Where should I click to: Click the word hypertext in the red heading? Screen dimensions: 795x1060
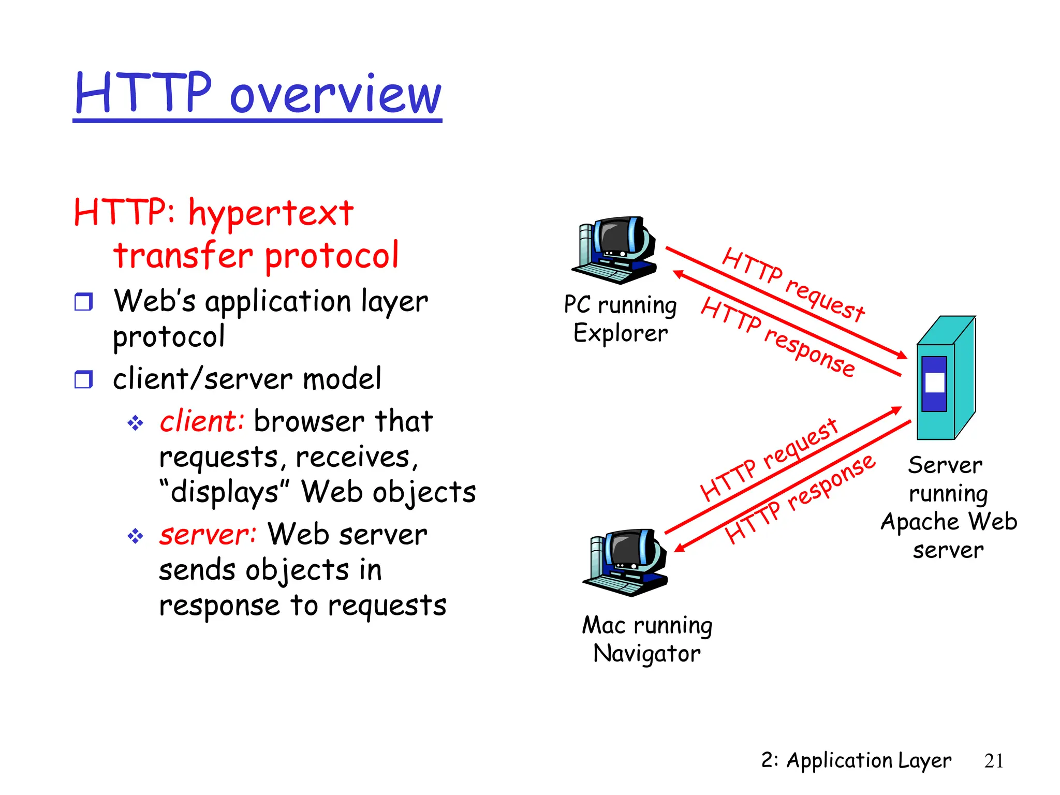click(271, 214)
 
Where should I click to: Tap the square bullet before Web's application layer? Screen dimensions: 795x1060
click(83, 301)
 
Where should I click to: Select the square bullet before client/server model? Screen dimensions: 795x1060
click(83, 379)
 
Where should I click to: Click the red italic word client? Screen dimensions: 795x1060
click(201, 421)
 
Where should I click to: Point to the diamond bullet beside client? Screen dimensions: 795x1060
click(135, 423)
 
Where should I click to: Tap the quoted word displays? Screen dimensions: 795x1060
click(224, 492)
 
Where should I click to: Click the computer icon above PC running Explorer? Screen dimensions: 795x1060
click(615, 250)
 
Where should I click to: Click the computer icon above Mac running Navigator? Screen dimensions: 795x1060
click(626, 563)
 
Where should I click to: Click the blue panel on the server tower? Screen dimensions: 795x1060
click(934, 384)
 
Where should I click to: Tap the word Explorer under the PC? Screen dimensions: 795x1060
click(620, 333)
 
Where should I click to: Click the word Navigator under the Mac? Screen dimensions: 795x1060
click(647, 654)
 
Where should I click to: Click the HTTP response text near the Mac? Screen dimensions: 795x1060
click(800, 499)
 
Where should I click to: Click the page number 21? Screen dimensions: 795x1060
click(994, 761)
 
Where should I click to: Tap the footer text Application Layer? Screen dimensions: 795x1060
click(868, 761)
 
